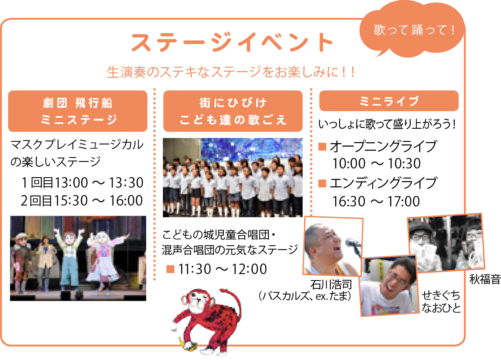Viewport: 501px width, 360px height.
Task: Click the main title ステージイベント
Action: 232,42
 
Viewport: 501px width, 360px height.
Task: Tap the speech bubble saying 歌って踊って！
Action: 412,30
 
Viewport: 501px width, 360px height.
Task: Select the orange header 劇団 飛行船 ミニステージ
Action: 78,111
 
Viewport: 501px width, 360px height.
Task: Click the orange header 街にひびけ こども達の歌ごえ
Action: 233,111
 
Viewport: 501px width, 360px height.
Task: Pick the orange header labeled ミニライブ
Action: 389,101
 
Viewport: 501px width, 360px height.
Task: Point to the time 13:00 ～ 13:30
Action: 99,182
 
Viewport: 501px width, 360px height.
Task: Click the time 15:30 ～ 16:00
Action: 99,201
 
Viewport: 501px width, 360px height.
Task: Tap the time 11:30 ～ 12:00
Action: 223,269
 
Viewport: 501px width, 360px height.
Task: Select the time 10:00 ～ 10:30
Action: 376,164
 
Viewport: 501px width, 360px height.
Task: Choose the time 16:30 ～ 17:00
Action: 376,201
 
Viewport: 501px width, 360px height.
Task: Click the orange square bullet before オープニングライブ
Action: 323,147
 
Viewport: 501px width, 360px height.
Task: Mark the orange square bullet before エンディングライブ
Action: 323,183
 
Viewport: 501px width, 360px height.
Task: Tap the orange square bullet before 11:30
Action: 170,269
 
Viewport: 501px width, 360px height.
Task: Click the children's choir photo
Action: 233,177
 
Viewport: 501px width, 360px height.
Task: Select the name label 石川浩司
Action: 331,285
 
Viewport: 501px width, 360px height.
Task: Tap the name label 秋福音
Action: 484,279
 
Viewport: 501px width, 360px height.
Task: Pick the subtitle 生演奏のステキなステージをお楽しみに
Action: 231,72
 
